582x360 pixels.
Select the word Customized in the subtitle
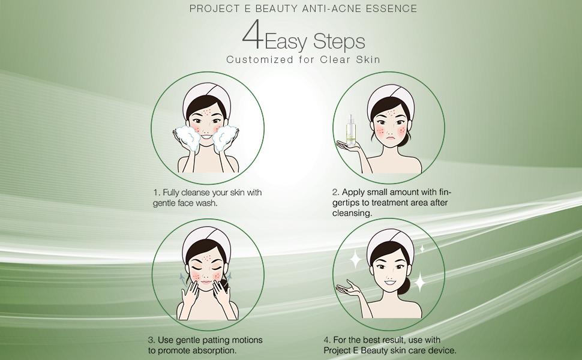tap(259, 59)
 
